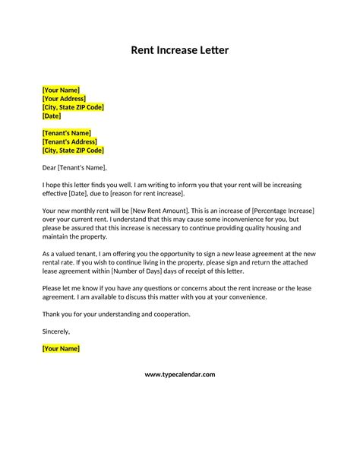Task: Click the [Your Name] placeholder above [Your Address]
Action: (61, 90)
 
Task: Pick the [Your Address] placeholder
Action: (64, 99)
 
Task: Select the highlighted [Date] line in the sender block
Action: (52, 116)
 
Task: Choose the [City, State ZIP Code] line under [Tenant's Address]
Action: (73, 151)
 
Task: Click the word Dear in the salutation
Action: (50, 167)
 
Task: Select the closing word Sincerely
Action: (56, 331)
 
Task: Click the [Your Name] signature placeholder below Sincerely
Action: (61, 349)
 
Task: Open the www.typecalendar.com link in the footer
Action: (180, 375)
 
